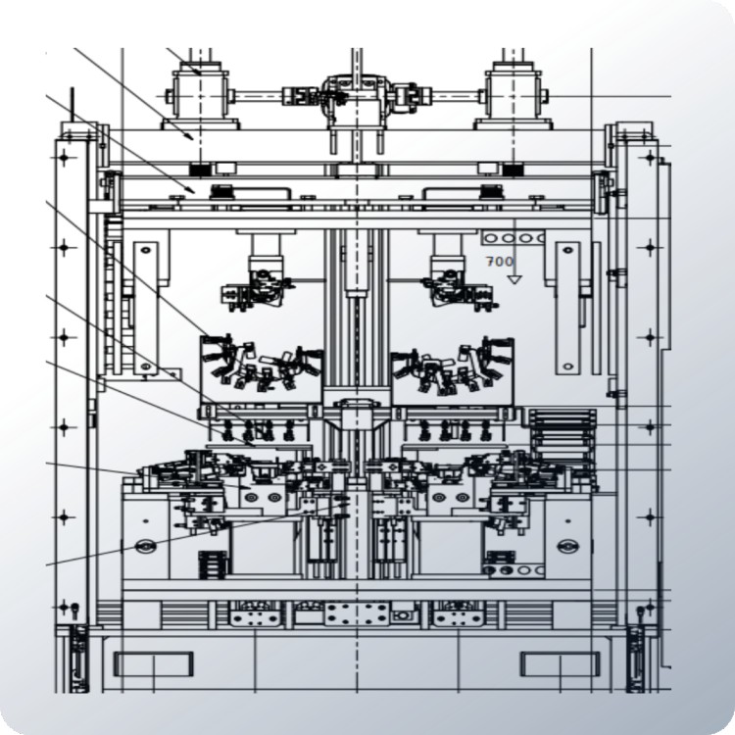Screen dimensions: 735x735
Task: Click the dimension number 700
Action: [499, 262]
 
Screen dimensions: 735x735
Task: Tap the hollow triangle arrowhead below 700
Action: [514, 279]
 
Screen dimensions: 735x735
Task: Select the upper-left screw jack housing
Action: [201, 97]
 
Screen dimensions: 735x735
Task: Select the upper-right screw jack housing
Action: [513, 97]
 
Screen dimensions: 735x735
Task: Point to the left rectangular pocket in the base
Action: [153, 663]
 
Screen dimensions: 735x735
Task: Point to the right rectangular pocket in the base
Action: [561, 663]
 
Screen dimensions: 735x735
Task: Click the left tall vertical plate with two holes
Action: [146, 308]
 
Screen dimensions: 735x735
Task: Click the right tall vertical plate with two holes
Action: [567, 308]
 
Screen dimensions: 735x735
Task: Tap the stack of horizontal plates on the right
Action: [563, 432]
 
